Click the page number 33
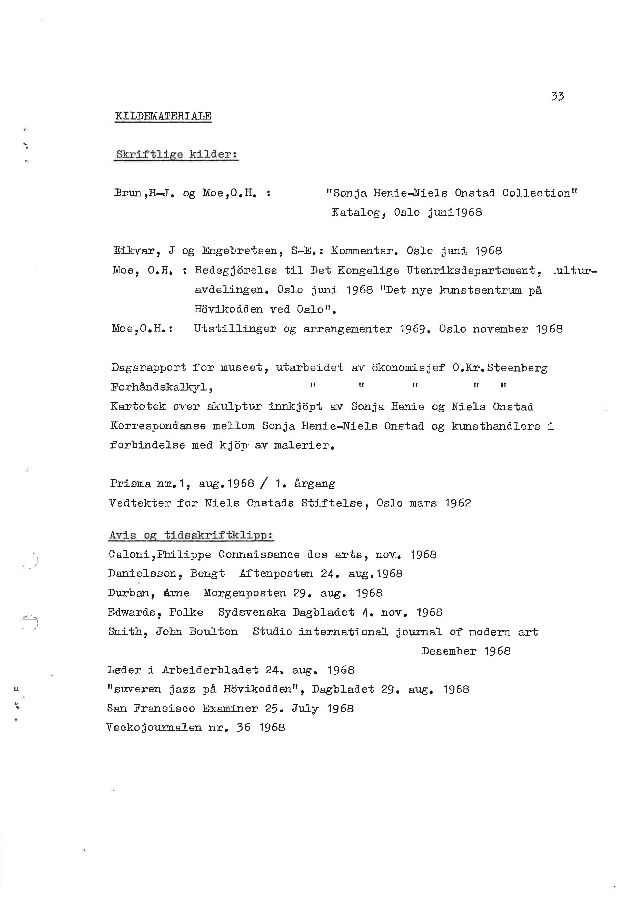point(557,96)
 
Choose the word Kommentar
point(363,251)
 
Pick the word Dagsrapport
point(148,368)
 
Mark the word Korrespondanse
point(158,426)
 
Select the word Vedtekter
point(140,503)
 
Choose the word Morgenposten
point(244,593)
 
